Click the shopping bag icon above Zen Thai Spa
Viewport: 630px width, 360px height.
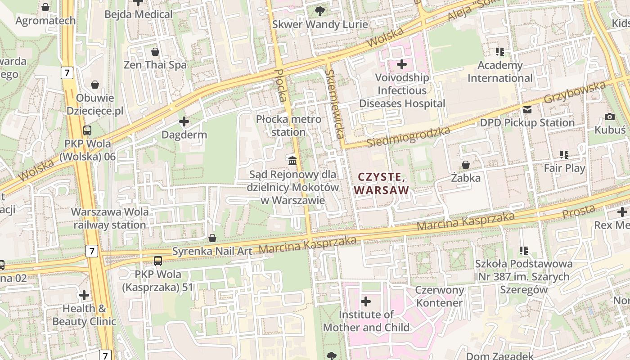[x=155, y=52]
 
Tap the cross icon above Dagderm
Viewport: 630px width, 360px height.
[x=184, y=121]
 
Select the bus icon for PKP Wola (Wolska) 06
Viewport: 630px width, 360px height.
[x=87, y=130]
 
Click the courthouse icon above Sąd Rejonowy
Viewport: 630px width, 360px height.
[x=292, y=160]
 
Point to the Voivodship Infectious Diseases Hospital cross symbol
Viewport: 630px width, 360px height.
[x=402, y=64]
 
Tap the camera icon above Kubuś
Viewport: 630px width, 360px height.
[x=610, y=117]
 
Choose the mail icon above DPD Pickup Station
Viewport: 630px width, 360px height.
[x=527, y=109]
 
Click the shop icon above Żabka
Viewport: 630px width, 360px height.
[x=466, y=165]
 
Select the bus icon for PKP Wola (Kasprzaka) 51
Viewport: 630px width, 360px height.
[x=157, y=261]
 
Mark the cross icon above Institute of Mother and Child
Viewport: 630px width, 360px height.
[x=366, y=301]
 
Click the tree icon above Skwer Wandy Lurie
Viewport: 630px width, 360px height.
[x=320, y=11]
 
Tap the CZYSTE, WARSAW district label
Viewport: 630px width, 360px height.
[x=382, y=183]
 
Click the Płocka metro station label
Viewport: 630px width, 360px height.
[x=288, y=126]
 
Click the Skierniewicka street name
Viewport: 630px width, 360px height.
[x=335, y=103]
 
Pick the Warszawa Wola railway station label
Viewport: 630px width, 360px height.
[x=110, y=218]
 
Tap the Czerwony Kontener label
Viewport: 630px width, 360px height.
[x=439, y=296]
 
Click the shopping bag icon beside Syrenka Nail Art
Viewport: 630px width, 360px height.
[x=212, y=238]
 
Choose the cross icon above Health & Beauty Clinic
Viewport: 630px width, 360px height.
[x=84, y=295]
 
